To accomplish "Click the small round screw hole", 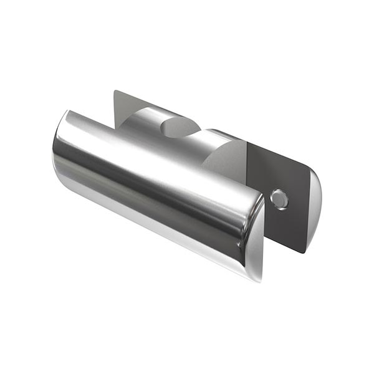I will click(x=280, y=199).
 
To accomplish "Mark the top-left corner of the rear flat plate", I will click(x=115, y=91).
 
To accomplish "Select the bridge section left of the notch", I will click(x=140, y=125).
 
